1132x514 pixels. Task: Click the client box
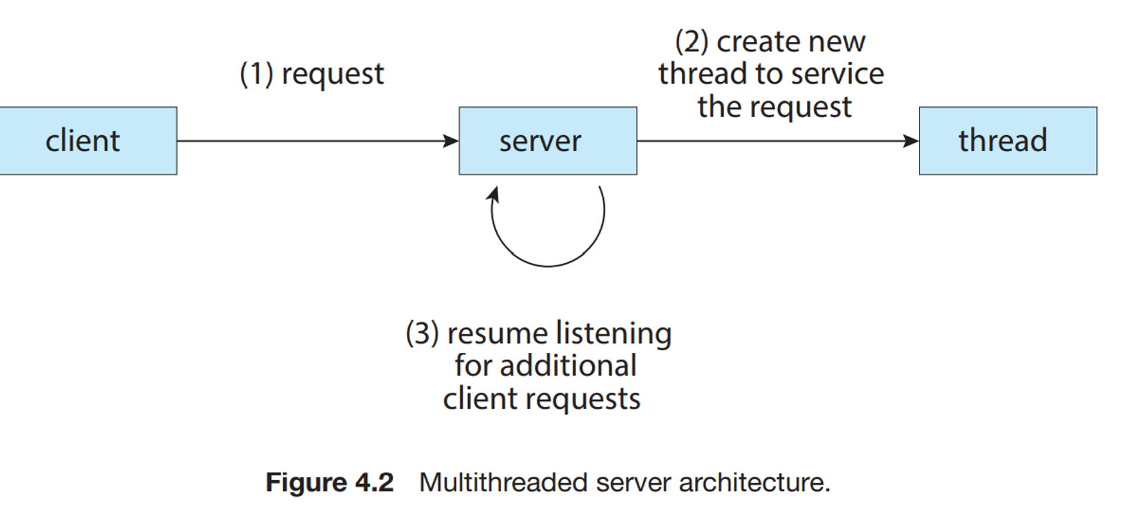(87, 141)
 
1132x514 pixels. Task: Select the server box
(547, 141)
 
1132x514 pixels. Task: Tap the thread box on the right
(1007, 141)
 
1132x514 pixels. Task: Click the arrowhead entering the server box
(451, 141)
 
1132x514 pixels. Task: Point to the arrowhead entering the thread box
(911, 141)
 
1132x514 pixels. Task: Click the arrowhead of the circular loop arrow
(493, 194)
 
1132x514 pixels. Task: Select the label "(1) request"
(312, 74)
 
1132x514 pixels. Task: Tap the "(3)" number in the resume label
(422, 333)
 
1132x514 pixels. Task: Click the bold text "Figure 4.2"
(330, 482)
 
